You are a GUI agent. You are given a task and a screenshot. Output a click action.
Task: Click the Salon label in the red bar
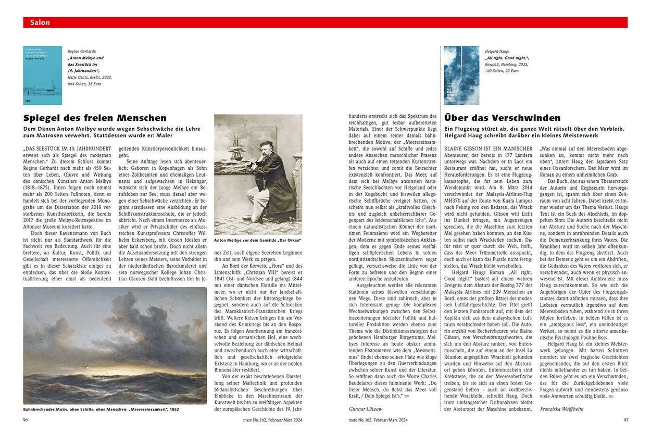point(40,22)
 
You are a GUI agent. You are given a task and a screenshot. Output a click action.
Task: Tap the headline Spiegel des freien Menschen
point(95,118)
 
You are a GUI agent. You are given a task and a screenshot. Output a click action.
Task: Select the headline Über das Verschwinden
point(502,118)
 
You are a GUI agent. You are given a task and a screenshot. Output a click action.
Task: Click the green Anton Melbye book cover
point(42,76)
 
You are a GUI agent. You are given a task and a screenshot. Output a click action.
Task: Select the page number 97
point(626,419)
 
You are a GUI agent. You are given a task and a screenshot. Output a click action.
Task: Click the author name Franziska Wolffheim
point(562,409)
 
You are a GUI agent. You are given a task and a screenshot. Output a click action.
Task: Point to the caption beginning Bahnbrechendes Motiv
point(101,409)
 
